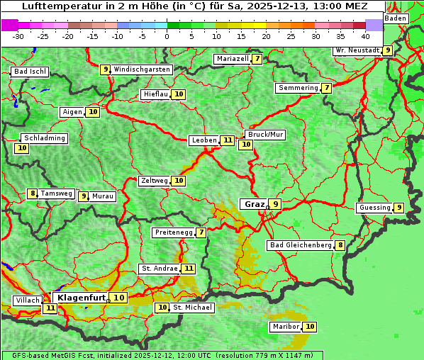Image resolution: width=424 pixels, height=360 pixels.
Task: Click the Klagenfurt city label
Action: point(82,298)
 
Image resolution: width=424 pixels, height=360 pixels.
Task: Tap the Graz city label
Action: point(254,204)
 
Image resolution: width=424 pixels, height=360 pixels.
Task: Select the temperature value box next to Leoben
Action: point(227,140)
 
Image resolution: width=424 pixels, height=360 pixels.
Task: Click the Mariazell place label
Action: point(233,59)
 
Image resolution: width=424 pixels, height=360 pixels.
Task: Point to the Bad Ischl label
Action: point(30,72)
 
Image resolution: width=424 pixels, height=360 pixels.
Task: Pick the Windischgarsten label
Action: point(142,69)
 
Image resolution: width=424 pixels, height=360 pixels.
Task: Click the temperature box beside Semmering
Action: point(326,88)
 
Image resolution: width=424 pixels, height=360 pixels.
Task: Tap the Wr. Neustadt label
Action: point(357,50)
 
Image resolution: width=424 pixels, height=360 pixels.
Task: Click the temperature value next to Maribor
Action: point(310,327)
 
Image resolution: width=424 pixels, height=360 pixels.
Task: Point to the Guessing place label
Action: point(374,208)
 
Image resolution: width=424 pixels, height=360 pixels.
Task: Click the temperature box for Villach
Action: point(50,308)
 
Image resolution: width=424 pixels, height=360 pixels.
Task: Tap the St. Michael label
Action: point(193,308)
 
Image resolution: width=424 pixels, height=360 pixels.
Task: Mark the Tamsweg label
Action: point(57,193)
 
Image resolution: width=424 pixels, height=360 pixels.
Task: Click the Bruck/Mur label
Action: point(265,135)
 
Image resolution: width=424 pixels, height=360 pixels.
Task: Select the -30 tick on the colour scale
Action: point(18,36)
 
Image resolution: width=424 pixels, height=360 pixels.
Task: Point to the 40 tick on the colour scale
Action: point(365,36)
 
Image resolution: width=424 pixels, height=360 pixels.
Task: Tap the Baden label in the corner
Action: point(396,18)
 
